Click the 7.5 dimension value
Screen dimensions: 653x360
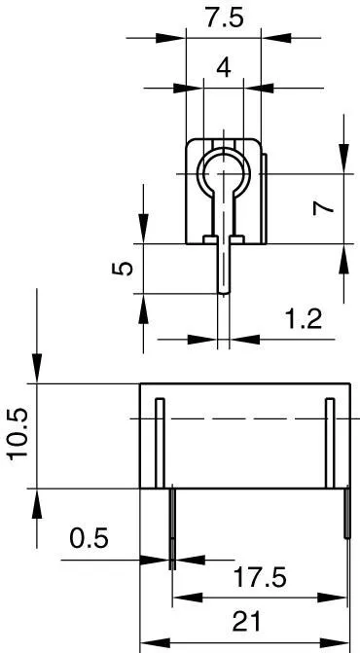click(222, 18)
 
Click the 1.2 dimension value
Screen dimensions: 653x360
click(304, 318)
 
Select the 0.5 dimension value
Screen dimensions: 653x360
click(90, 538)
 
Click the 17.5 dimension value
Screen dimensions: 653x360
click(260, 577)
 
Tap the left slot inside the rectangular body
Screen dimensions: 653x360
click(160, 443)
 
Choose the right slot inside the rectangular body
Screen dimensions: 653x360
click(330, 443)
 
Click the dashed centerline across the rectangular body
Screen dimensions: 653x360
click(243, 419)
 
